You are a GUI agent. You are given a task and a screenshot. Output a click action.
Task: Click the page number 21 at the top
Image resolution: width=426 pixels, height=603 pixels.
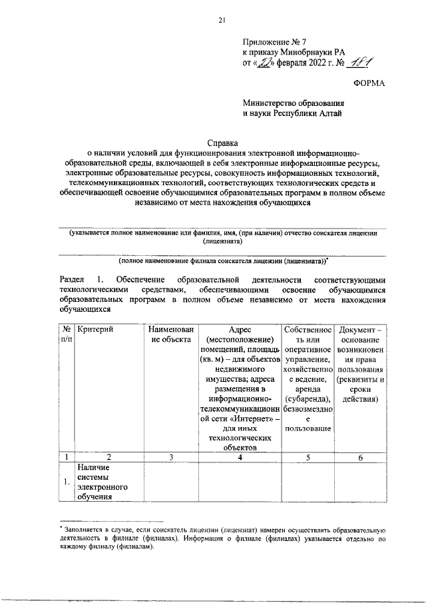(221, 21)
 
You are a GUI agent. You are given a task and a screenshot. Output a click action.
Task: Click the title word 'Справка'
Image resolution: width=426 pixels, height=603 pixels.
(221, 142)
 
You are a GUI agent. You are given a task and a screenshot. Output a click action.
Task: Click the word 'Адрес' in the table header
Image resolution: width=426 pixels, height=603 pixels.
(240, 330)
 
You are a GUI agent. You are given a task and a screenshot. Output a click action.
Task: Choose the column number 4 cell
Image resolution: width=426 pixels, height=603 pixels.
(240, 457)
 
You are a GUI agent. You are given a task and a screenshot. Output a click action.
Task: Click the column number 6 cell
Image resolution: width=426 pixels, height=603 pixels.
(360, 457)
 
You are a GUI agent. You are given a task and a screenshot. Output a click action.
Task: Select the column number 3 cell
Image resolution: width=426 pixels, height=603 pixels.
(171, 457)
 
